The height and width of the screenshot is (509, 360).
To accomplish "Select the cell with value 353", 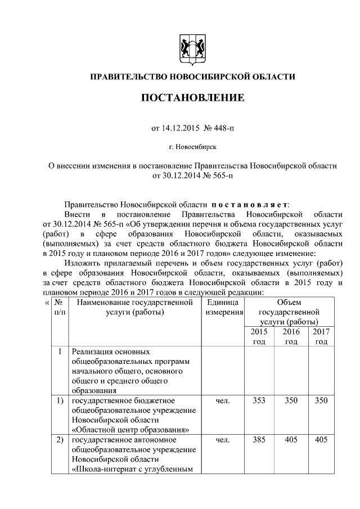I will pyautogui.click(x=259, y=400).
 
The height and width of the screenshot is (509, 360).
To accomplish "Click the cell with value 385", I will pyautogui.click(x=259, y=440).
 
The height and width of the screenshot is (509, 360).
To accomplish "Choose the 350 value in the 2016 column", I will pyautogui.click(x=291, y=400).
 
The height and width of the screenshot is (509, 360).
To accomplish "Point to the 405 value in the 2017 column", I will pyautogui.click(x=321, y=440).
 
